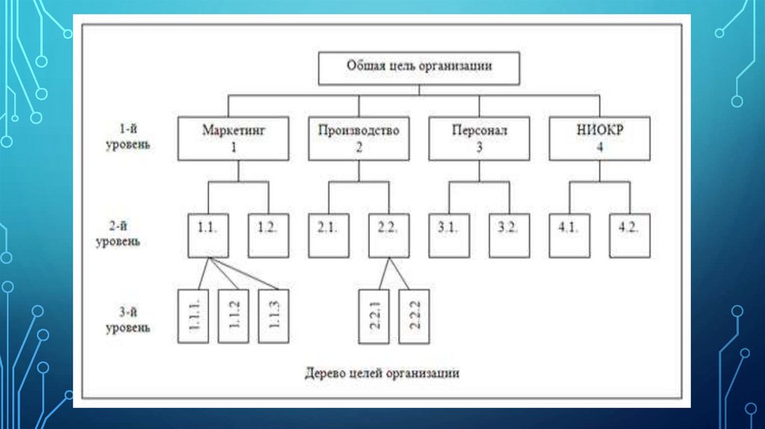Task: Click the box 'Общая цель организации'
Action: point(419,67)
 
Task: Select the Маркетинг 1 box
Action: point(234,138)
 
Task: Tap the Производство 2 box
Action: point(359,138)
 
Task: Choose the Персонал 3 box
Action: point(479,138)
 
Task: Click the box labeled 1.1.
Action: point(207,235)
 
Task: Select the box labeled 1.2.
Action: point(267,235)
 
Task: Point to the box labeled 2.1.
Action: point(328,235)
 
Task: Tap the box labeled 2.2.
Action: point(388,235)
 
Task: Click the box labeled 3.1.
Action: point(449,235)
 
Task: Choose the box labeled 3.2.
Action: point(510,235)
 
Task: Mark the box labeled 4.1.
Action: point(569,235)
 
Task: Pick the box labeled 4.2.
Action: point(630,235)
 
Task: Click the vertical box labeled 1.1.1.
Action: point(193,315)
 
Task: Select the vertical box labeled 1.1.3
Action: point(273,315)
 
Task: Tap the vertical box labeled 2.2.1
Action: point(374,315)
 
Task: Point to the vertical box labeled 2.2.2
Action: point(415,315)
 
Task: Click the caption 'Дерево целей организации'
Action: point(381,371)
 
